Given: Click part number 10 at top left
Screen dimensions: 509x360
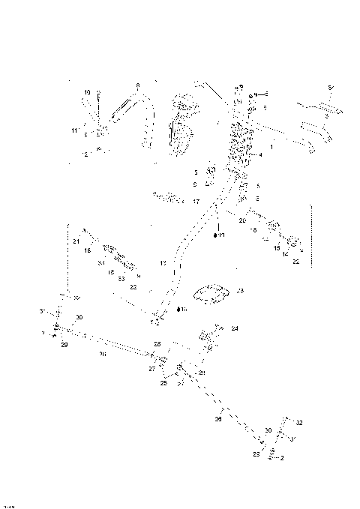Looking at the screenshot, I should pos(87,92).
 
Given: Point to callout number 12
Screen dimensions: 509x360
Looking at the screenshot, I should pos(85,154).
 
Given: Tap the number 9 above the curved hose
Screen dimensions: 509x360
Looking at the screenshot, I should pos(138,85).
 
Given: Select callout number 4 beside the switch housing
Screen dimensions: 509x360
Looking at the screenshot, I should pos(260,154).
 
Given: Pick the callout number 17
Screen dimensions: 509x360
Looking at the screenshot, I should pos(195,202).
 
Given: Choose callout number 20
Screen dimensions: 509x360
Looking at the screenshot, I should pos(242,220).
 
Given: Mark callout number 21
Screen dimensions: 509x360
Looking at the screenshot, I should pos(76,241).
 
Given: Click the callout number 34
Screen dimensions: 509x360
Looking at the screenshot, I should pos(100,263).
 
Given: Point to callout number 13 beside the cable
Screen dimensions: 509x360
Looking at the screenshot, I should pos(163,263).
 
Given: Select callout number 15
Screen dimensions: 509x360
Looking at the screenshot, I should pos(276,247).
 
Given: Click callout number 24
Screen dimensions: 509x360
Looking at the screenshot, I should pos(235,328).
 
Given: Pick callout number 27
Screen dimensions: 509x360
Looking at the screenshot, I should pos(151,369).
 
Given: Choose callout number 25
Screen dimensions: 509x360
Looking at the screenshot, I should pos(164,383).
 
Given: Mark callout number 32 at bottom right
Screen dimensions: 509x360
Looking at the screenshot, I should pos(298,423).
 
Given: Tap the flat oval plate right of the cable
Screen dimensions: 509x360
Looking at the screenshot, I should pos(213,292).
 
